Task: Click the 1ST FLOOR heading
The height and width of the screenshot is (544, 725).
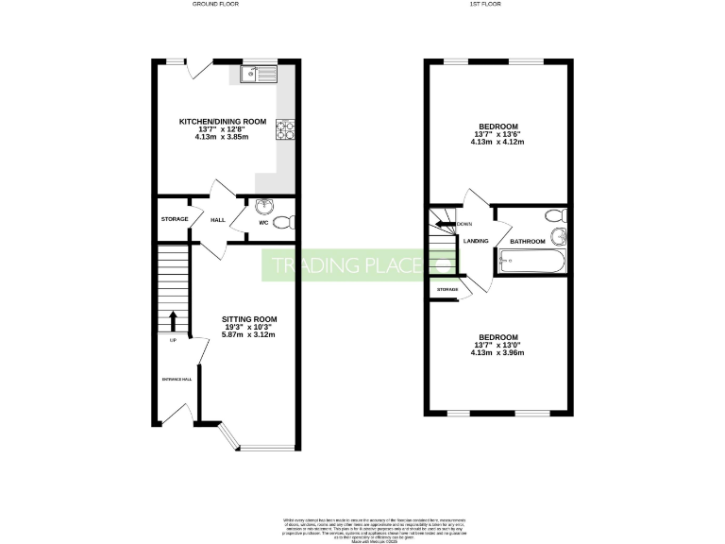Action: point(497,5)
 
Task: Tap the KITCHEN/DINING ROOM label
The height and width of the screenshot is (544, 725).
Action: point(223,121)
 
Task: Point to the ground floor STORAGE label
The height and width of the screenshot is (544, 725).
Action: point(174,219)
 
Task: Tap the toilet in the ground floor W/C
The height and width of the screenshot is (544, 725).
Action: point(283,224)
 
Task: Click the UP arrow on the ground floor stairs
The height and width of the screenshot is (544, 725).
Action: point(173,321)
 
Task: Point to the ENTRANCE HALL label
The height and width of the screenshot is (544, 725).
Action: point(175,379)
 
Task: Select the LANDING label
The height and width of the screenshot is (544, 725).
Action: point(475,241)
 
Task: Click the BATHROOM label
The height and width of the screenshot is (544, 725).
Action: point(528,241)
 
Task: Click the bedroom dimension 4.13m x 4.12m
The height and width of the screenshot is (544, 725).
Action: point(497,143)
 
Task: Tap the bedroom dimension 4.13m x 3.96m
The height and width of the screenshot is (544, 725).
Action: point(497,353)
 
